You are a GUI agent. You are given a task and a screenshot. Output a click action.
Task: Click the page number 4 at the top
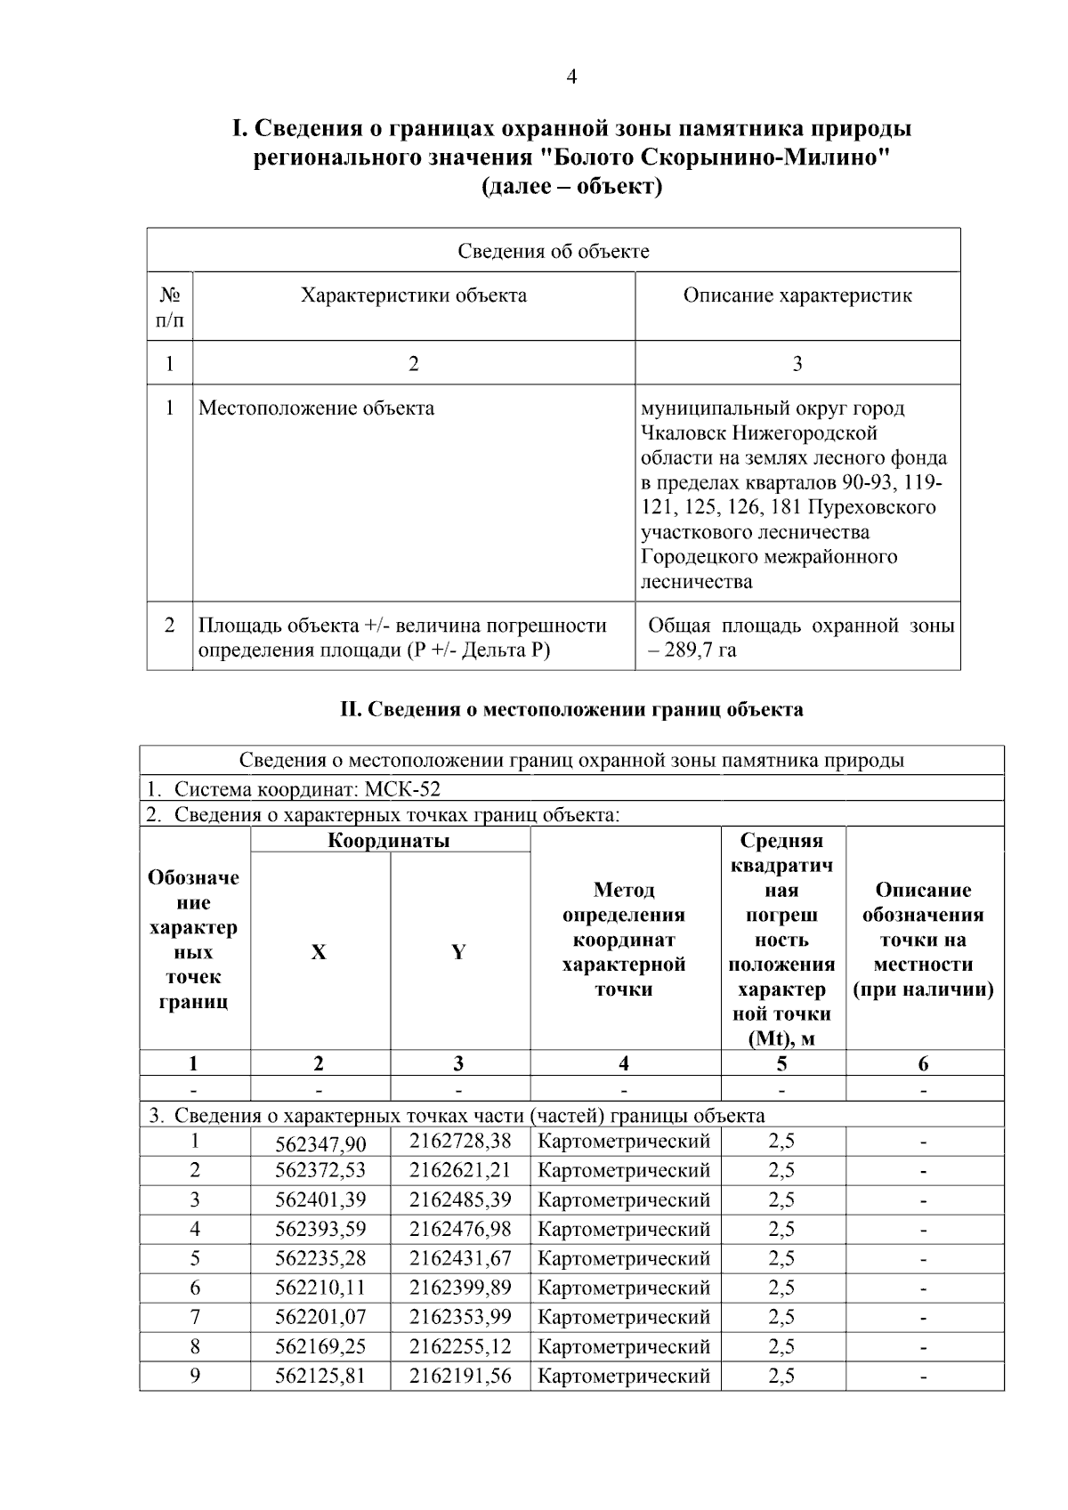pyautogui.click(x=571, y=77)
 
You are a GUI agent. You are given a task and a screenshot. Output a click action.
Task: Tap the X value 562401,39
pyautogui.click(x=320, y=1200)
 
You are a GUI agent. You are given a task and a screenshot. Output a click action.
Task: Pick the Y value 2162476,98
pyautogui.click(x=460, y=1229)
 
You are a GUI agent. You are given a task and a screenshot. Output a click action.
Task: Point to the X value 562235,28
pyautogui.click(x=320, y=1259)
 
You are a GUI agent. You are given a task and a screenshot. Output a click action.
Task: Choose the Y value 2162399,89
pyautogui.click(x=460, y=1288)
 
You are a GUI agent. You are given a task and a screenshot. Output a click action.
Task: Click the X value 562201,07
pyautogui.click(x=320, y=1318)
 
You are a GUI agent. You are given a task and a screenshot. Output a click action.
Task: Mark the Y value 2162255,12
pyautogui.click(x=460, y=1346)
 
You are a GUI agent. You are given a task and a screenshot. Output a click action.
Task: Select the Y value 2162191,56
pyautogui.click(x=460, y=1376)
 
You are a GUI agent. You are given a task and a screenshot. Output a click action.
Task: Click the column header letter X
pyautogui.click(x=319, y=953)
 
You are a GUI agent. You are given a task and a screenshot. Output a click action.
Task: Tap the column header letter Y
pyautogui.click(x=458, y=953)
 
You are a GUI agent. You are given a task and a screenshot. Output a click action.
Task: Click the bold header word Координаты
pyautogui.click(x=389, y=841)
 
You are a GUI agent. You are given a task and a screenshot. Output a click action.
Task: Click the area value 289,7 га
pyautogui.click(x=700, y=650)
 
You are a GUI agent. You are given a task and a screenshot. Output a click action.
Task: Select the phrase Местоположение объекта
pyautogui.click(x=316, y=408)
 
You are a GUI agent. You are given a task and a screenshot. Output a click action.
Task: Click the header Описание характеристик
pyautogui.click(x=797, y=295)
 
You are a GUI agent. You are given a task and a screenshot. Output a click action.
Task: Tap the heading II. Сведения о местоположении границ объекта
pyautogui.click(x=571, y=710)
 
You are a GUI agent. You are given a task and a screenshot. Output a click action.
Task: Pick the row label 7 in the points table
pyautogui.click(x=195, y=1317)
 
